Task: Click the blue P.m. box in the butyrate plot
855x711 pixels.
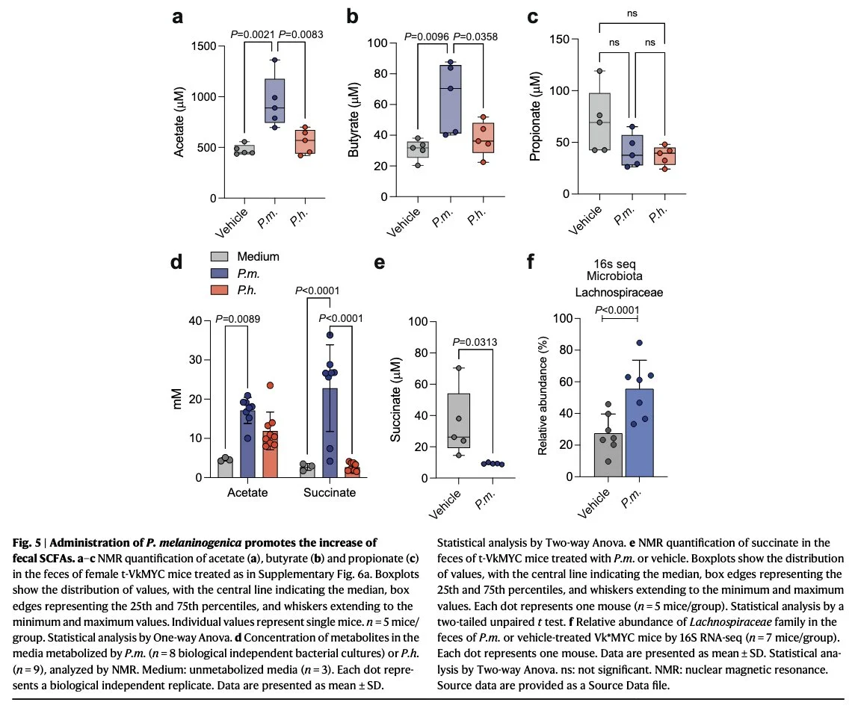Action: (451, 99)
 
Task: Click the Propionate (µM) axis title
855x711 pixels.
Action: (534, 116)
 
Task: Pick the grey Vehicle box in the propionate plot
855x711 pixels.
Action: (600, 121)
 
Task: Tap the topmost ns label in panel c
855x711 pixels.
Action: (632, 12)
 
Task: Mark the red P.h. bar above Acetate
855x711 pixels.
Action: (271, 453)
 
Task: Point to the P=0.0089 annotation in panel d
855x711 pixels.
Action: (238, 320)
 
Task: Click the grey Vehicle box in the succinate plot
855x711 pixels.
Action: (460, 420)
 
